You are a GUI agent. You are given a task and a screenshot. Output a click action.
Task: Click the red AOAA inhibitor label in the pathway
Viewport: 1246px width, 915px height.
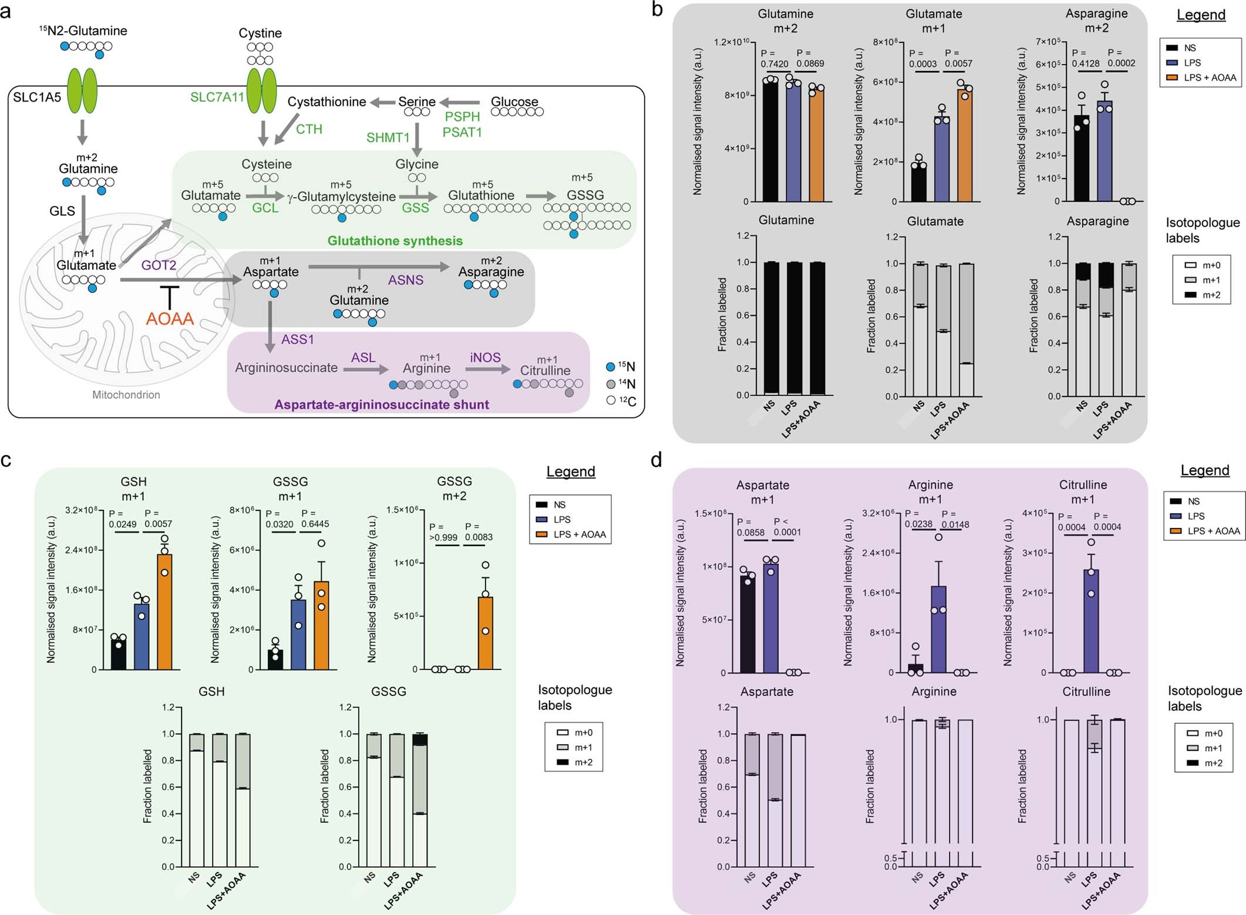(170, 319)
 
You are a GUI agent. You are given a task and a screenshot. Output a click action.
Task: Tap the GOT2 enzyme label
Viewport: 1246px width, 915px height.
(159, 265)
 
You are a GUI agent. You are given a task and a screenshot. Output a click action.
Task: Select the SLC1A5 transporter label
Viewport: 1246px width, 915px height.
(37, 97)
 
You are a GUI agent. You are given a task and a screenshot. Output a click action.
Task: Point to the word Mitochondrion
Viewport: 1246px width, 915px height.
(126, 395)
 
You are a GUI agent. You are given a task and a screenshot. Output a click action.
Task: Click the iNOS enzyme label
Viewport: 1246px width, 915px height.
(485, 358)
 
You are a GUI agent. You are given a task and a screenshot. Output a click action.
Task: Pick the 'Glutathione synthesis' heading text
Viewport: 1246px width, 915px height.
(395, 241)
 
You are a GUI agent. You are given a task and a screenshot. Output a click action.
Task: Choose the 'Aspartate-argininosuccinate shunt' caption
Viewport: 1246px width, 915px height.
(382, 405)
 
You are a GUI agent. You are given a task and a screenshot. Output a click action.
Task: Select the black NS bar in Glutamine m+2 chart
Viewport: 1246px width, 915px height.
(770, 141)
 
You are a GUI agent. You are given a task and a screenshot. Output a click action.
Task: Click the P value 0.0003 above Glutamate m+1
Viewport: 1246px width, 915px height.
(922, 63)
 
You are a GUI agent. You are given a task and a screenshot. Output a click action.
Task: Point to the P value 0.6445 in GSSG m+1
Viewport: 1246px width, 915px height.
(315, 524)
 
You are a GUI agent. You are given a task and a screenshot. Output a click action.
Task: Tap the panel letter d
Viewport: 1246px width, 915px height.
(657, 459)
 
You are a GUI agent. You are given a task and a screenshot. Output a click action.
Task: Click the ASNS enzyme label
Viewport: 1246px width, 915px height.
(405, 280)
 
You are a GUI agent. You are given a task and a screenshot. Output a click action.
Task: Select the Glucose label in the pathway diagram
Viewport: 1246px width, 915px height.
(514, 102)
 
